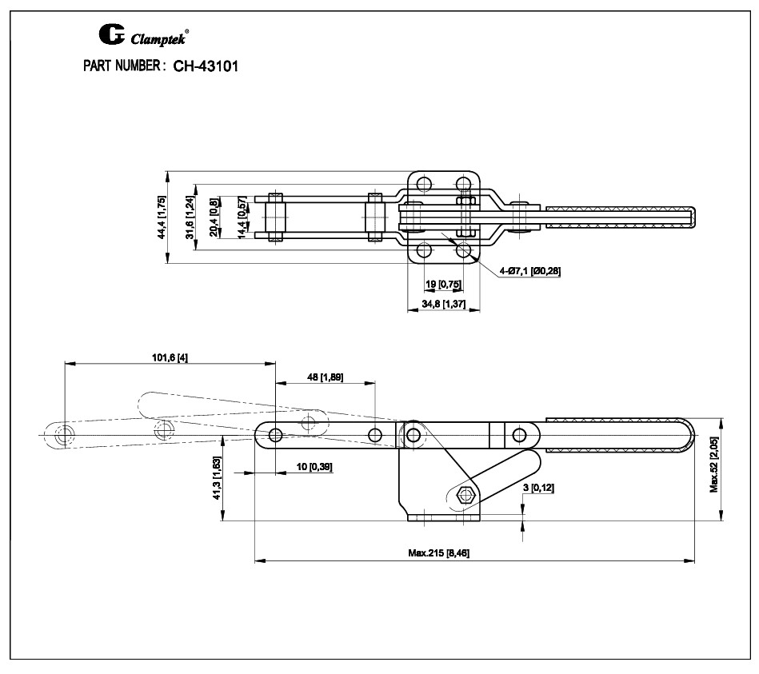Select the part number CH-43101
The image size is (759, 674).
[206, 66]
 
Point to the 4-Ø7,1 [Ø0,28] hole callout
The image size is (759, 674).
[529, 271]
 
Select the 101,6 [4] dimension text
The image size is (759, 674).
[170, 357]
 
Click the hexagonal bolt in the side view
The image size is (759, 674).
[463, 495]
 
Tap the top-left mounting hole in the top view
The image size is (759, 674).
[425, 184]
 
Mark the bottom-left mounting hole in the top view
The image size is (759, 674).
[425, 251]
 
